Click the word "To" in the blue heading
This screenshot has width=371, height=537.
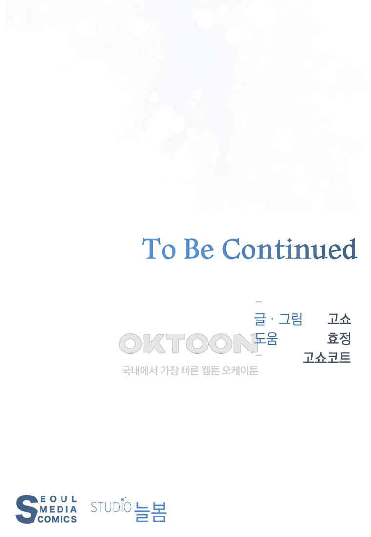pyautogui.click(x=159, y=248)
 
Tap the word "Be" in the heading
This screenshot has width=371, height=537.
pyautogui.click(x=199, y=248)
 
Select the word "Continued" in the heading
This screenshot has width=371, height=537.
pyautogui.click(x=290, y=248)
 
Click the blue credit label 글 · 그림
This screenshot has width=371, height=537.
pyautogui.click(x=278, y=319)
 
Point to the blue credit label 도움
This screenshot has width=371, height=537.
pyautogui.click(x=266, y=338)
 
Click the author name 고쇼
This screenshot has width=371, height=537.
pyautogui.click(x=339, y=319)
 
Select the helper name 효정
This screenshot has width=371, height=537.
pyautogui.click(x=339, y=338)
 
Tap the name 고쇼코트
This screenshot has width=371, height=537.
pyautogui.click(x=327, y=357)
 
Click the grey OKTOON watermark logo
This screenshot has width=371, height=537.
pyautogui.click(x=188, y=344)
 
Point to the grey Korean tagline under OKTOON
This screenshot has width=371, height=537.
pyautogui.click(x=189, y=370)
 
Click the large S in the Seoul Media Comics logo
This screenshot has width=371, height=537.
pyautogui.click(x=26, y=509)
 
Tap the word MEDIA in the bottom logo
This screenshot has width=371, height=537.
pyautogui.click(x=58, y=509)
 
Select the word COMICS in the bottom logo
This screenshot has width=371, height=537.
pyautogui.click(x=57, y=519)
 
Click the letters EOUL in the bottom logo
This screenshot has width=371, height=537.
pyautogui.click(x=59, y=499)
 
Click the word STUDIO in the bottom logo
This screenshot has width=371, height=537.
pyautogui.click(x=111, y=507)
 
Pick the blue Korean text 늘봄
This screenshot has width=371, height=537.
pyautogui.click(x=150, y=512)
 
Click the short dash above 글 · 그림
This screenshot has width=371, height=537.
pyautogui.click(x=259, y=302)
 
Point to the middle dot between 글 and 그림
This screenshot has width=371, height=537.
pyautogui.click(x=272, y=319)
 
